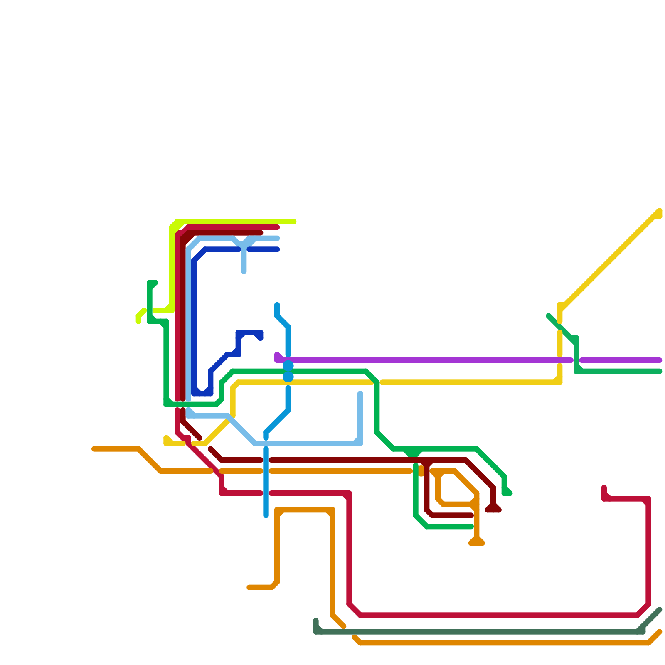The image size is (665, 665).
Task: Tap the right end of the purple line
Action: pos(660,360)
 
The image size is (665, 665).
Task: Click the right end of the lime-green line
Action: pos(294,222)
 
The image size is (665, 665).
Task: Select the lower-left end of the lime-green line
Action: pos(138,321)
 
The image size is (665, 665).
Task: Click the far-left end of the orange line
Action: pos(94,449)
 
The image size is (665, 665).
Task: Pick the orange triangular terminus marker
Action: pos(477,542)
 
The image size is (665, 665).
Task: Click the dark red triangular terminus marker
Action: pos(493,509)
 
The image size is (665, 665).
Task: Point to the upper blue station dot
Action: pos(288,366)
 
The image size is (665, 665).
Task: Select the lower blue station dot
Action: pos(288,377)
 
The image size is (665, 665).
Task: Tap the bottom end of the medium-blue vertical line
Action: pos(266,516)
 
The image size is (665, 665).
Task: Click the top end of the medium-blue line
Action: pos(277,305)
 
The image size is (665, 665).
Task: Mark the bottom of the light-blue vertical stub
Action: pos(244,272)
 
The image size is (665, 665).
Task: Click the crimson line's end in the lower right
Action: pos(604,488)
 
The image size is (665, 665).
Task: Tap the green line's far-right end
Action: pos(660,372)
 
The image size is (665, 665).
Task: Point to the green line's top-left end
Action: pos(155,283)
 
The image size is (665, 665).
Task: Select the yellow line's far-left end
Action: pos(166,438)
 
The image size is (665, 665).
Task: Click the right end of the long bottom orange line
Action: pos(660,632)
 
